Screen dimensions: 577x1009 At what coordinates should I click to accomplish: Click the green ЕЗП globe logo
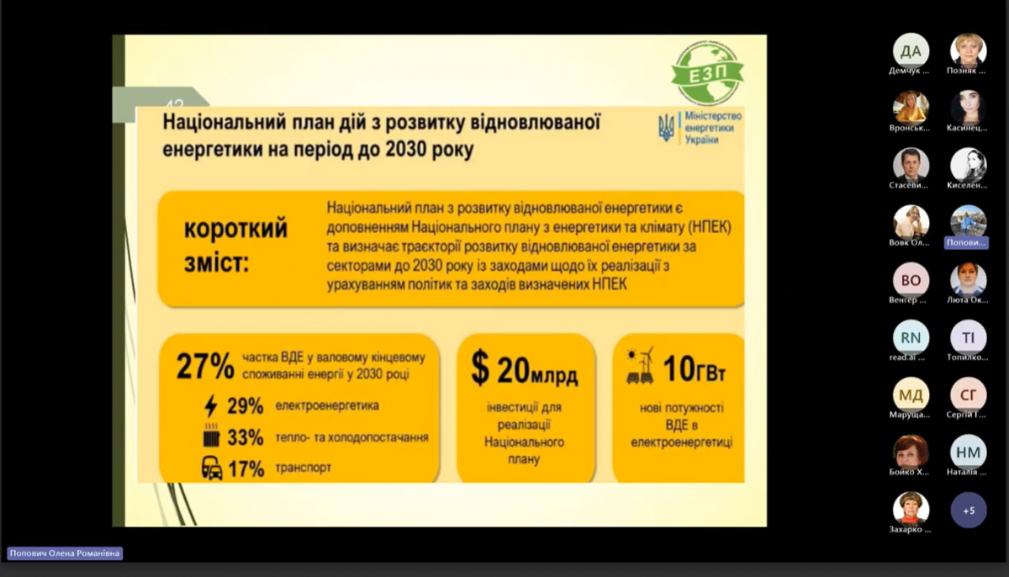706,73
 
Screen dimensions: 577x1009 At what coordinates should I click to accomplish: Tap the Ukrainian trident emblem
666,128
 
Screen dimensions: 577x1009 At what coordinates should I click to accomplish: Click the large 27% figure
205,367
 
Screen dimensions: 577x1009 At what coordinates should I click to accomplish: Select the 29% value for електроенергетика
246,406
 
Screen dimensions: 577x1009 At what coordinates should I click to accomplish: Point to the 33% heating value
246,437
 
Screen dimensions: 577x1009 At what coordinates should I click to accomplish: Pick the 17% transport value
246,468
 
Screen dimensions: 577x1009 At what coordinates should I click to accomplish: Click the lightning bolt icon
211,406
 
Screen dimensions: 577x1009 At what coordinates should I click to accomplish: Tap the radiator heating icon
211,437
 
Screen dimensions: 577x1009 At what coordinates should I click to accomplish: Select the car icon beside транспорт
212,468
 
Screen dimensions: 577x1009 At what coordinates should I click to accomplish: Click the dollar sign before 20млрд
479,368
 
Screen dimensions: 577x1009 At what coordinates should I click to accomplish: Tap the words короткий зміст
235,246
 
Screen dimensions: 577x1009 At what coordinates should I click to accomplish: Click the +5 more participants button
969,510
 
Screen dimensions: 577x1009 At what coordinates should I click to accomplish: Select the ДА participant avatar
911,50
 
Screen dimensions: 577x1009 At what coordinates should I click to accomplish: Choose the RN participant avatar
911,337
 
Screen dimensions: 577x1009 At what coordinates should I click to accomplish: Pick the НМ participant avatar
969,453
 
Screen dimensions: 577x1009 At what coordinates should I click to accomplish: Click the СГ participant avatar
969,394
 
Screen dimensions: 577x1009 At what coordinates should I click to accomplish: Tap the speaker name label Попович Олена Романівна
65,553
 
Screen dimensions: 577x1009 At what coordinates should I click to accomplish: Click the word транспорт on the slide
303,468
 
